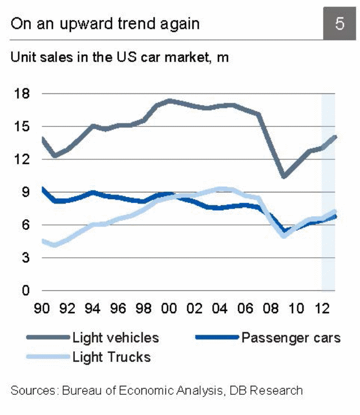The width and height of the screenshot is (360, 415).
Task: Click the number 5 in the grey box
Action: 339,23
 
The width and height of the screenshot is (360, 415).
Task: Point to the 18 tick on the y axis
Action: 21,93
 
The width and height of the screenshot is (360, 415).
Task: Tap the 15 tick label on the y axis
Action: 21,126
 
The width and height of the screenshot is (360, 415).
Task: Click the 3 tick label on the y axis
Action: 25,258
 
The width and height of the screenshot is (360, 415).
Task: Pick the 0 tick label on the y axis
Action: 25,291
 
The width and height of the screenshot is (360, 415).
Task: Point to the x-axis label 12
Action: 321,308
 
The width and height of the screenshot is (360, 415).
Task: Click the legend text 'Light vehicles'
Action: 116,337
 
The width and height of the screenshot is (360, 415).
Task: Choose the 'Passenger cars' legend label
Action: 291,337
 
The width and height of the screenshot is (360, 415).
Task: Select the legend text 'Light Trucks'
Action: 112,356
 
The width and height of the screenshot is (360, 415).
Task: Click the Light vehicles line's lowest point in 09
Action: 284,176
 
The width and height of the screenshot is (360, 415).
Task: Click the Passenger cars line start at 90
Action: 43,189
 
